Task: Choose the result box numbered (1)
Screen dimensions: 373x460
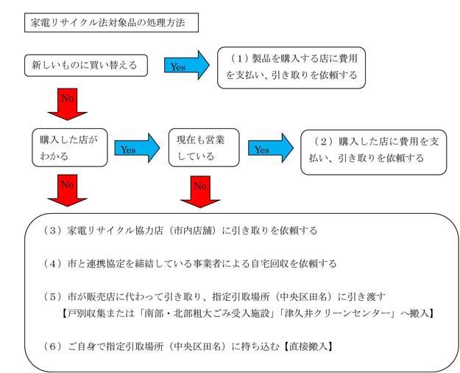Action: pyautogui.click(x=291, y=67)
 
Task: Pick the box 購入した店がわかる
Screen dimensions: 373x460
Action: pyautogui.click(x=69, y=147)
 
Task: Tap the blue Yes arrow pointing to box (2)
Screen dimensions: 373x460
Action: pyautogui.click(x=270, y=148)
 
